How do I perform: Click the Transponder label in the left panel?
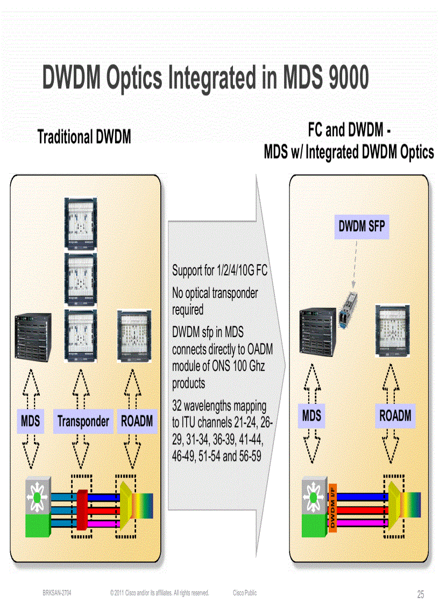click(x=83, y=421)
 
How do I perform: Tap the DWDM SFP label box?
click(x=362, y=226)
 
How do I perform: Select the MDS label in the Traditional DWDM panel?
click(x=30, y=421)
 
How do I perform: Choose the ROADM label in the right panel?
click(x=395, y=416)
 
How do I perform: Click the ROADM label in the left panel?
click(x=137, y=421)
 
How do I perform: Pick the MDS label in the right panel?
click(x=311, y=416)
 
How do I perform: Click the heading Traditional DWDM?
click(x=84, y=137)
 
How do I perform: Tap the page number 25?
click(x=420, y=594)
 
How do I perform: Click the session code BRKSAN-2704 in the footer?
click(x=57, y=593)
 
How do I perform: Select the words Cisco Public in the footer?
click(x=245, y=593)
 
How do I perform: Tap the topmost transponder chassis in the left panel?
click(x=81, y=223)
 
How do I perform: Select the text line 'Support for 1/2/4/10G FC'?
click(x=219, y=271)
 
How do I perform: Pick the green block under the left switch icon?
click(x=37, y=524)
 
